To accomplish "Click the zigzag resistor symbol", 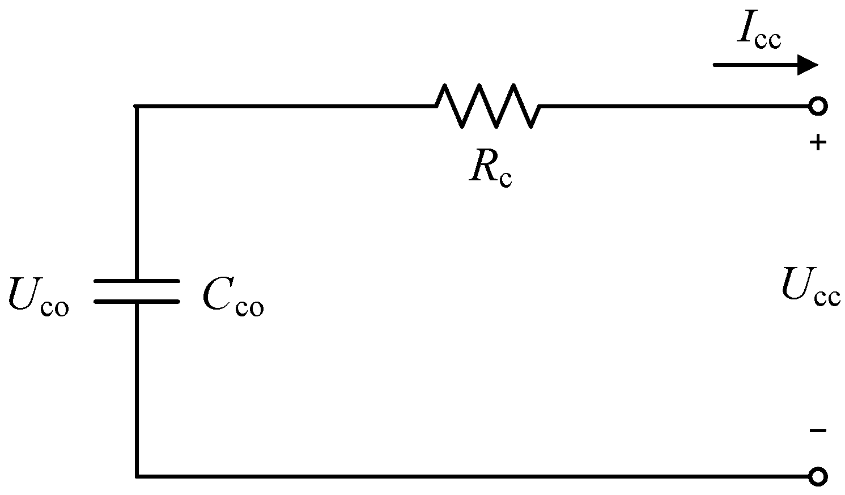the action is pos(487,105).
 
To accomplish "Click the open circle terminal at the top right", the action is pos(817,106).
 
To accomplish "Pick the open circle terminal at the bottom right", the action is pos(817,476).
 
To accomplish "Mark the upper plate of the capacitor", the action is pos(137,281).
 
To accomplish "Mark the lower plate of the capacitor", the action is pos(137,301).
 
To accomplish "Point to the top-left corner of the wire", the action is pos(137,106).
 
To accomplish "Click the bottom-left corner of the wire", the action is pos(137,476).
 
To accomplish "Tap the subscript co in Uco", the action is pos(55,307).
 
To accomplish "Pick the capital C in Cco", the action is pos(216,295).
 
